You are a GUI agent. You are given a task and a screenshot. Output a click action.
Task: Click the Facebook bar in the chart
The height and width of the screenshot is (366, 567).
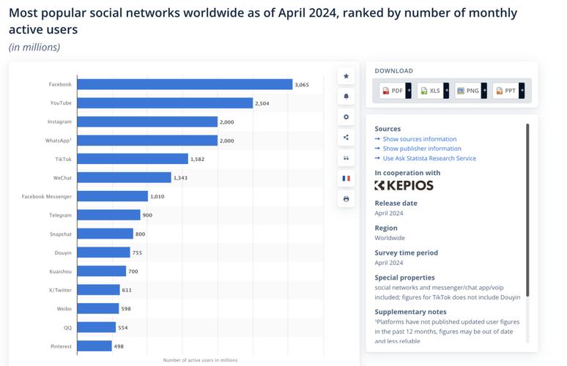pos(185,84)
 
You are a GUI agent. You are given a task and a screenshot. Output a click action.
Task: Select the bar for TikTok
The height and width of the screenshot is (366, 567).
pos(133,159)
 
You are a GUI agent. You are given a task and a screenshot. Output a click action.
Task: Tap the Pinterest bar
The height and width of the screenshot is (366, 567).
pos(94,346)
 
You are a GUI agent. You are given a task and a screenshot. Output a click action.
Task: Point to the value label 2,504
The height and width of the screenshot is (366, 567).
pos(262,103)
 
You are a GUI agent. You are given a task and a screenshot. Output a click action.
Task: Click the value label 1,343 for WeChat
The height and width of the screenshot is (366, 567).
pos(181,177)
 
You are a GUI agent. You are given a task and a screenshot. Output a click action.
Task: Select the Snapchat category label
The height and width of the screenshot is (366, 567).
pos(61,234)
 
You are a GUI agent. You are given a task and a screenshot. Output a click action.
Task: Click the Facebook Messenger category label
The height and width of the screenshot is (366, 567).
pos(47,196)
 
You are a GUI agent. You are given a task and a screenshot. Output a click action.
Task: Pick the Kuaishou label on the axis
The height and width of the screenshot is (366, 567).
pos(60,271)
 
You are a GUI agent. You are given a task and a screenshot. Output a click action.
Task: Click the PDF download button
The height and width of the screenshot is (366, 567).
pos(393,91)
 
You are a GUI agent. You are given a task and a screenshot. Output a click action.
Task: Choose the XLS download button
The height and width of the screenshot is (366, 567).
pos(431,91)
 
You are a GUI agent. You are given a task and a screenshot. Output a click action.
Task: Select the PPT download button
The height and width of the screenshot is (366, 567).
pos(506,91)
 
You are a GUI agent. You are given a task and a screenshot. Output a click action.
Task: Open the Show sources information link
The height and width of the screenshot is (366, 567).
pos(419,139)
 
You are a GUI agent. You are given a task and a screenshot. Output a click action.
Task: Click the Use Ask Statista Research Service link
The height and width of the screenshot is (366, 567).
pos(429,158)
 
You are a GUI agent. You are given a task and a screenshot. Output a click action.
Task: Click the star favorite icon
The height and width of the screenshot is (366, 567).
pos(346,76)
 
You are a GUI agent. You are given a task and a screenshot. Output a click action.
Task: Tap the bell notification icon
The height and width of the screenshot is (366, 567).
pos(346,97)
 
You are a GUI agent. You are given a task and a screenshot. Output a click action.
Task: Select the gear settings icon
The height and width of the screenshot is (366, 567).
pos(346,117)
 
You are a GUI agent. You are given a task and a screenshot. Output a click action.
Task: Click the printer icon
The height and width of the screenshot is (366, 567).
pos(346,198)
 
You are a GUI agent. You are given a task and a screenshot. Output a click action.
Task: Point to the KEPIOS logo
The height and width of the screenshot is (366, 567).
pos(404,185)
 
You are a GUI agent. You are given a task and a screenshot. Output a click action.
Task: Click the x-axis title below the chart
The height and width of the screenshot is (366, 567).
pos(200,360)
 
